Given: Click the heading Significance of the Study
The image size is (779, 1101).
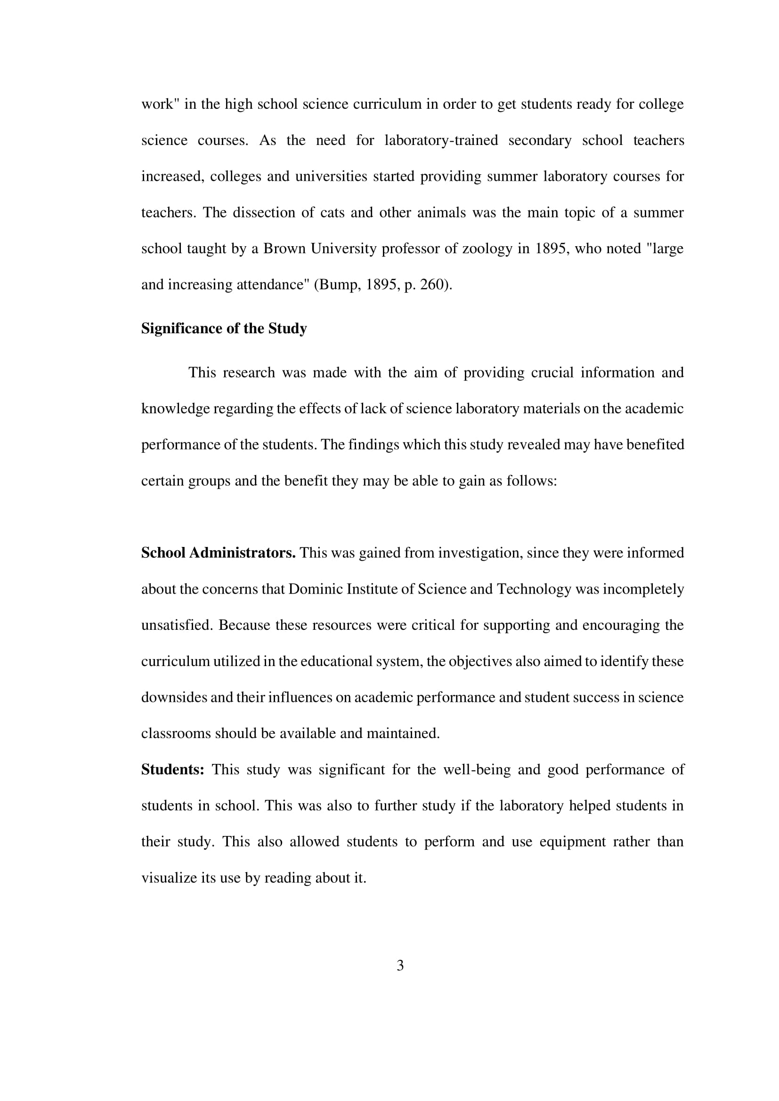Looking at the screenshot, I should pos(224,329).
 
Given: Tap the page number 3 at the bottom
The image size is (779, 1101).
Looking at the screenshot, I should pos(400,965).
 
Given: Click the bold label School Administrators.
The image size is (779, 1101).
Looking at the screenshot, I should pos(218,553).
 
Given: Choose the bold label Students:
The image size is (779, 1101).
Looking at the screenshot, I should pos(173,770).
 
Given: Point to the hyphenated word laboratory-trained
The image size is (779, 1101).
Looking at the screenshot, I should pos(441,140).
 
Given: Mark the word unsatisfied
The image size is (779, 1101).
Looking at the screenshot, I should pos(176,625).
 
